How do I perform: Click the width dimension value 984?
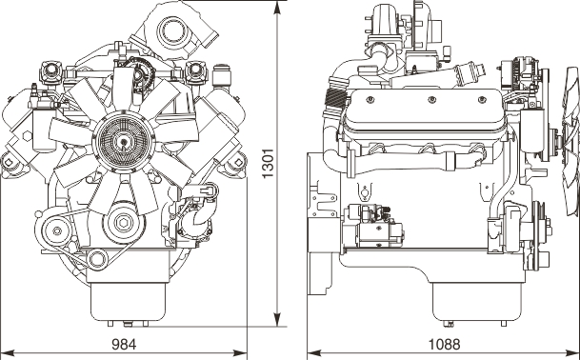coord(124,345)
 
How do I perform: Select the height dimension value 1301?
coord(268,163)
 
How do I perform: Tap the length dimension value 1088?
coord(444,345)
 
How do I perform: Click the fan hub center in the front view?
coord(123,143)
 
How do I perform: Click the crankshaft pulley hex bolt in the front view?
coord(121,222)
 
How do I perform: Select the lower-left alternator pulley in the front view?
coord(57,230)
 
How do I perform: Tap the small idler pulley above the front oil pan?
coord(97,258)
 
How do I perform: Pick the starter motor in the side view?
coord(373,226)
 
